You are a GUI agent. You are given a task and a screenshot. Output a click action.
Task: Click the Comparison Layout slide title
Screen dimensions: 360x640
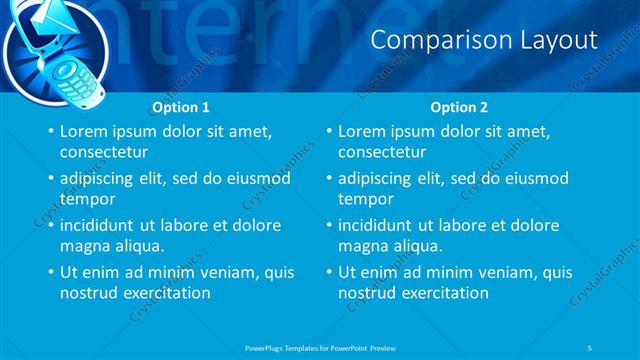click(x=484, y=40)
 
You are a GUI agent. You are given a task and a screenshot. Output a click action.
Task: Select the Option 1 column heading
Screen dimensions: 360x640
click(x=181, y=106)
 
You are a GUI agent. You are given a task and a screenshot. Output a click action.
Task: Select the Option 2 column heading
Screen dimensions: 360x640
click(x=460, y=106)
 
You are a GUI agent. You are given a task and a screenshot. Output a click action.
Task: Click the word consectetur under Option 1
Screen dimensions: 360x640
click(x=104, y=153)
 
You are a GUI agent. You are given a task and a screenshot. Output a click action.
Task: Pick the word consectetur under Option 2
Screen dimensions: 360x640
click(x=383, y=153)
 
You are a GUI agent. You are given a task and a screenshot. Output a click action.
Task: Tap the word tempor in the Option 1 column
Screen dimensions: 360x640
click(x=87, y=199)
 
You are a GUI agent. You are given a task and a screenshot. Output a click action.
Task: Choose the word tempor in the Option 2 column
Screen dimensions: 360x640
click(x=366, y=199)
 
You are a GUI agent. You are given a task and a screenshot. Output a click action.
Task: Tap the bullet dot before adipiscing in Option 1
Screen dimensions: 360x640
click(x=50, y=179)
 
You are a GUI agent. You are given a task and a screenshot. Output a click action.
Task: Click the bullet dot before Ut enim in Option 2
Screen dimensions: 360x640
click(x=329, y=272)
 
